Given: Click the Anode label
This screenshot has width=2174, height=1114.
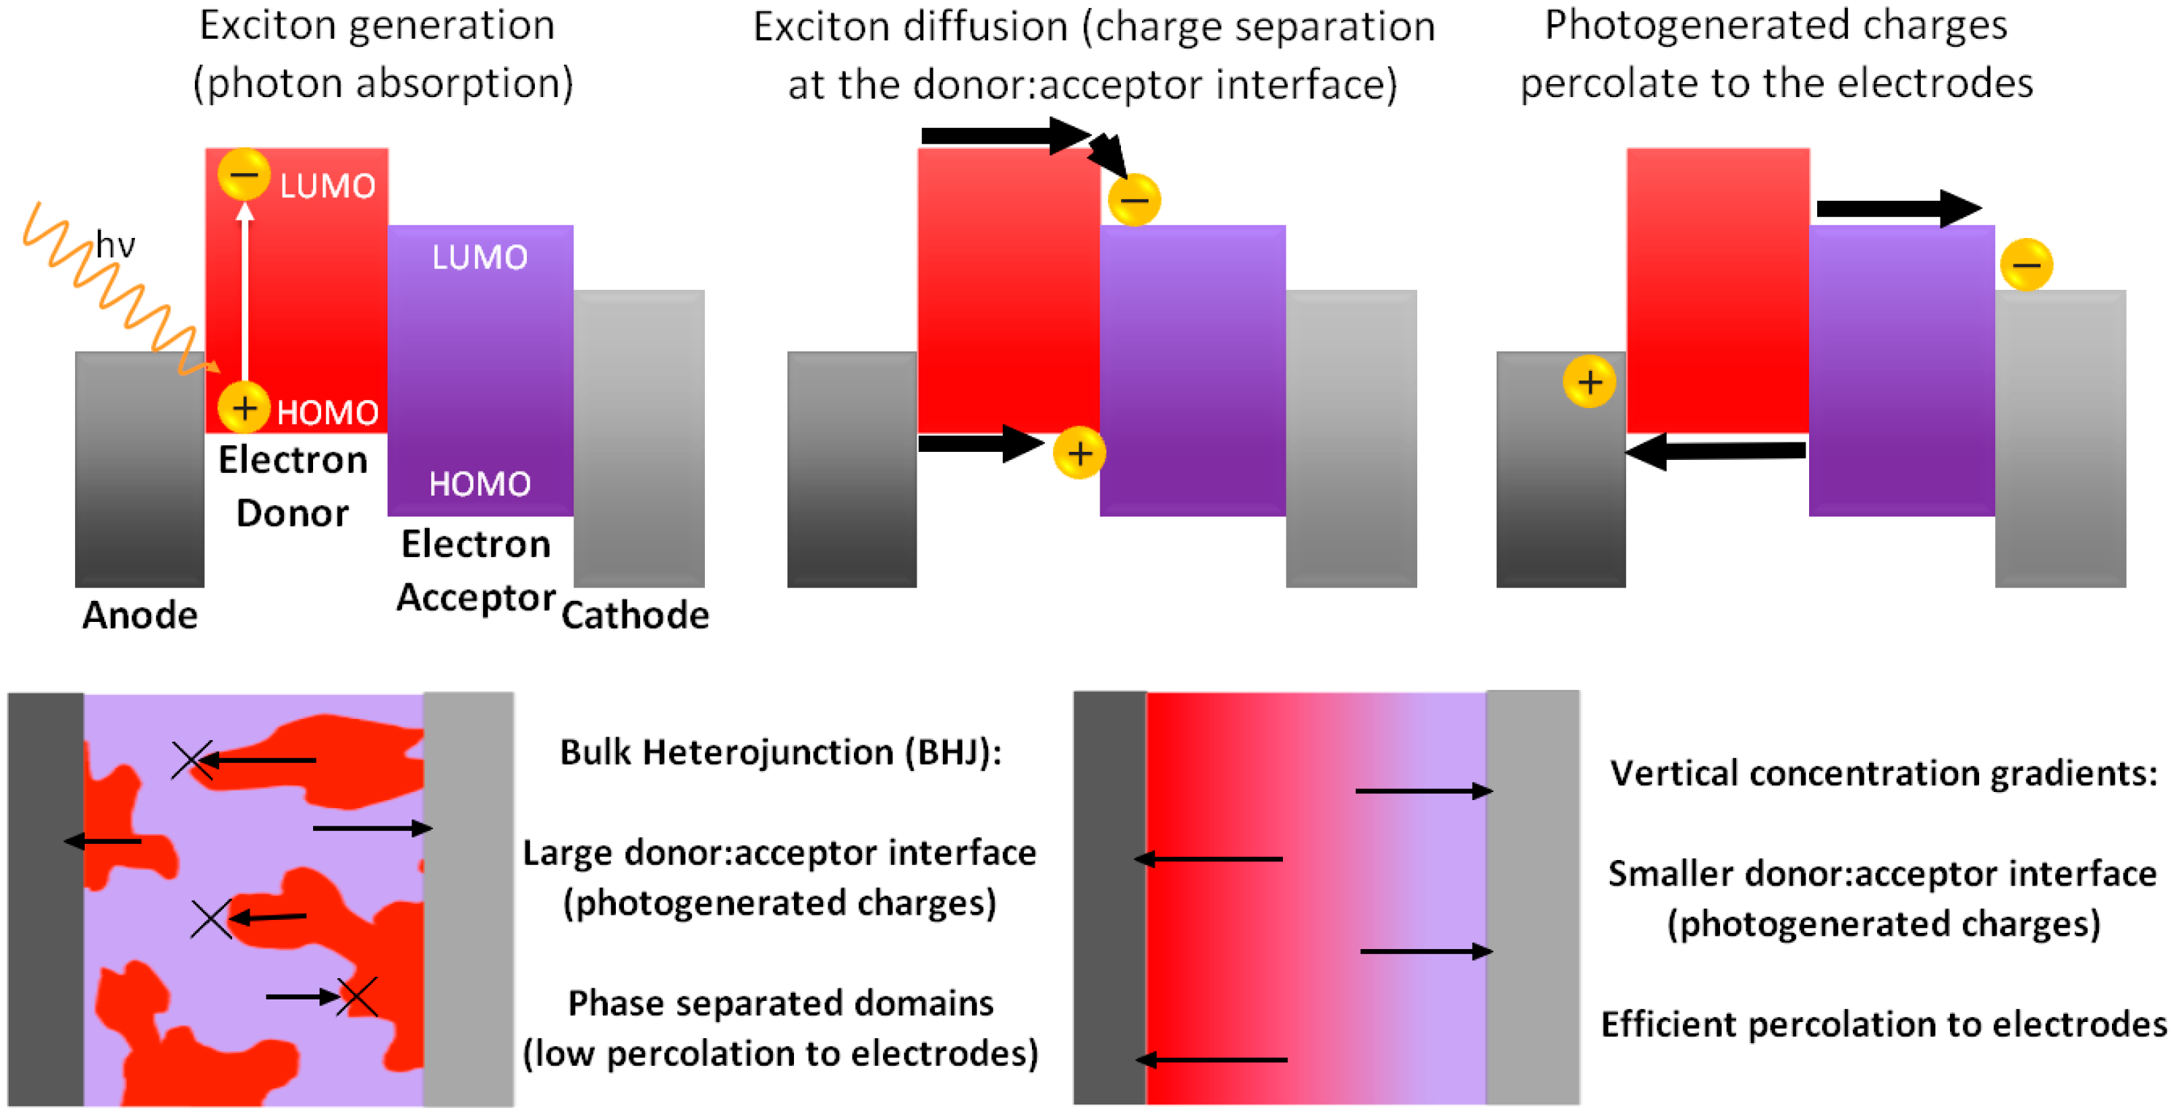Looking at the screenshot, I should [x=140, y=615].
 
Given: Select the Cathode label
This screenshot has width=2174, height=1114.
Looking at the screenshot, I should [x=635, y=615].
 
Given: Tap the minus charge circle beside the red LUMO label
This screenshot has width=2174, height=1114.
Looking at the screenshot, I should [x=244, y=174].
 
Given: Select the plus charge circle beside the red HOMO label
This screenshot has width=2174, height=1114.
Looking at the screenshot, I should [x=244, y=409].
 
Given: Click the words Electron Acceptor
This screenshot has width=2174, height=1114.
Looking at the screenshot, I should [x=476, y=570].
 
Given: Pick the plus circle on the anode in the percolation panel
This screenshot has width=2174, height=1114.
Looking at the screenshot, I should [x=1589, y=383].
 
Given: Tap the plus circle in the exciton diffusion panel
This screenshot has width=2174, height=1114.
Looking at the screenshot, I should [x=1079, y=453].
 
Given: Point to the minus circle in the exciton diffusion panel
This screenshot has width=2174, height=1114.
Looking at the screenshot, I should [x=1134, y=200].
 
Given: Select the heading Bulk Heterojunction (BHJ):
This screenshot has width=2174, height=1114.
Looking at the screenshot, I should [x=781, y=752].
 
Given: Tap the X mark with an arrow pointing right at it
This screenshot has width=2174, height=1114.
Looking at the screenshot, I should [x=358, y=996].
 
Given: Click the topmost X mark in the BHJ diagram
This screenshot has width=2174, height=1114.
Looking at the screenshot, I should [x=192, y=761].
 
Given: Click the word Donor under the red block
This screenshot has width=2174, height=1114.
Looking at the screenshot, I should [x=292, y=513].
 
